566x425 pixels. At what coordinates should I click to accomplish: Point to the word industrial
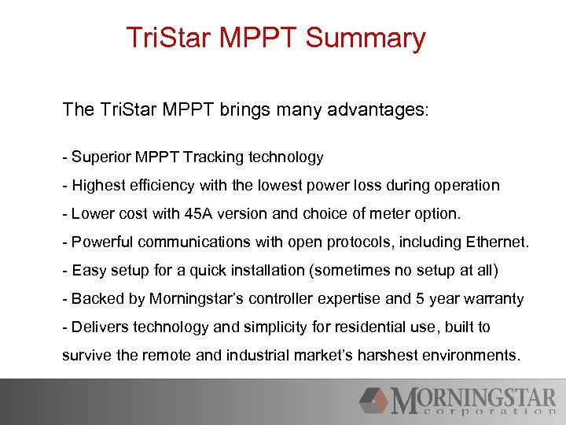[257, 356]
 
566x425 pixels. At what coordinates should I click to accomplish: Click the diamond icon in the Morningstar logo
[374, 401]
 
